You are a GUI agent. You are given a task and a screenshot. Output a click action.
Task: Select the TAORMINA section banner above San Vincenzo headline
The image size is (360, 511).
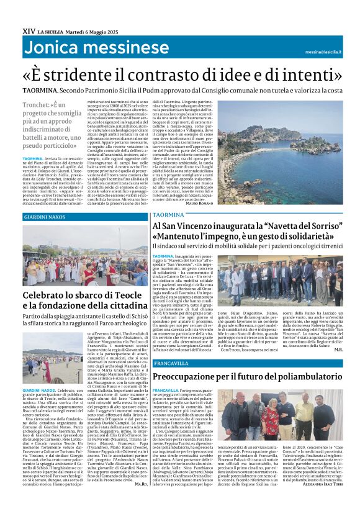tap(169, 214)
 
